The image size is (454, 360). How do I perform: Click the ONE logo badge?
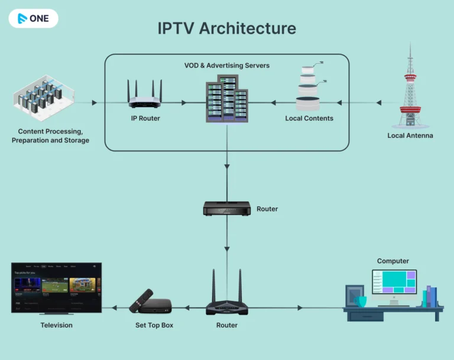coord(33,18)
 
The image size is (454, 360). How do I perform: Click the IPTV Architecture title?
coord(227,28)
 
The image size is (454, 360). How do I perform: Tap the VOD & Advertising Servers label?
coord(227,66)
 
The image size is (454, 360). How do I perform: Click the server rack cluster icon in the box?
coord(226,102)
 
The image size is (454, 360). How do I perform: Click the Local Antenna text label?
coord(410,136)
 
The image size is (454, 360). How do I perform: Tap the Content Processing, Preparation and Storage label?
coord(50,136)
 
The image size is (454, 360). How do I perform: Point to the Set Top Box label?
coord(154,326)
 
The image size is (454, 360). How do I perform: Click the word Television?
coord(57,326)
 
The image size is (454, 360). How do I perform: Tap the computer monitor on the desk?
coord(394,284)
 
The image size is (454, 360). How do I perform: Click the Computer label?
coord(393,261)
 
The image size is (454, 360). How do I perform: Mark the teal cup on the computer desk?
coord(361,301)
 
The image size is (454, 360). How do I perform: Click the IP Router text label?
coord(145,119)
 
